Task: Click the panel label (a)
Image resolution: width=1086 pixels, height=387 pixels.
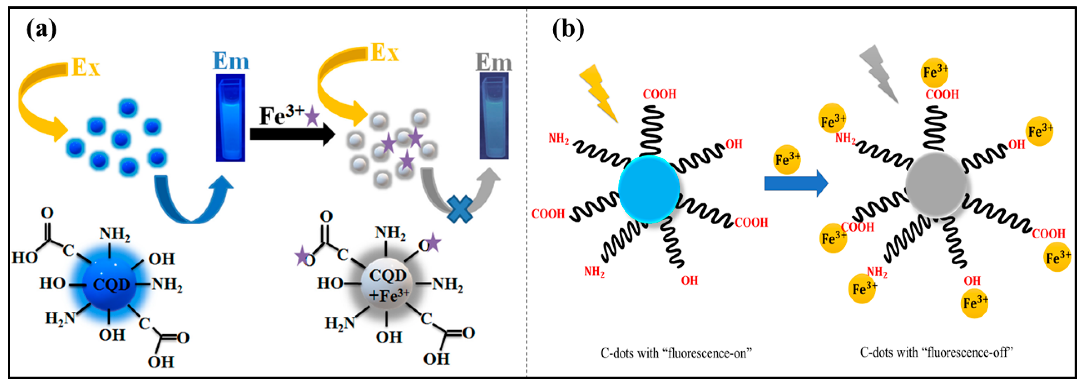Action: pos(41,30)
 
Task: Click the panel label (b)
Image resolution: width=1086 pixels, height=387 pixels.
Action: pos(568,29)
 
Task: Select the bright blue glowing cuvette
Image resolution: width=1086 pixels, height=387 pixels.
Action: pos(231,118)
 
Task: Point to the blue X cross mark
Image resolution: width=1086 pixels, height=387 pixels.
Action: pos(460,209)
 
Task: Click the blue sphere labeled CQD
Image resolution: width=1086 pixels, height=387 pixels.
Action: pos(110,283)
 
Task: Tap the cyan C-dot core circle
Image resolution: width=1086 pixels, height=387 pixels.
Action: pos(648,189)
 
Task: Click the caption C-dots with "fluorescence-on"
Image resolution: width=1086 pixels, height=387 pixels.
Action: pos(676,353)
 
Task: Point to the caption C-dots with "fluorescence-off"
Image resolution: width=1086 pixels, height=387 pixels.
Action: pos(936,352)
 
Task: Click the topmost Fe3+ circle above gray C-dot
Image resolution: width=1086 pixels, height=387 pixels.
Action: pos(934,72)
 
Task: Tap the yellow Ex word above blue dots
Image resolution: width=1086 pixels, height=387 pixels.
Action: pos(86,67)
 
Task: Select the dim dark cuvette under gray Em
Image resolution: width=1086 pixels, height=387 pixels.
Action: pos(494,116)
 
